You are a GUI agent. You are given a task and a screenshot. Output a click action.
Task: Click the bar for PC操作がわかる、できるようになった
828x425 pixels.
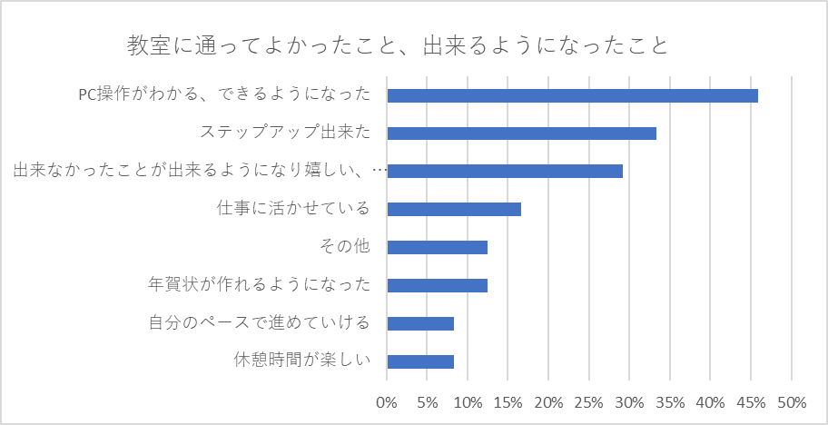[x=572, y=95]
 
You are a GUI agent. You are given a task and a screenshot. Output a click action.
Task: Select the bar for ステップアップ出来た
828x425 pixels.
[x=521, y=133]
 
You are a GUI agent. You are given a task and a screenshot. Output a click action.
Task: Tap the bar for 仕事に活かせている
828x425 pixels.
[x=454, y=209]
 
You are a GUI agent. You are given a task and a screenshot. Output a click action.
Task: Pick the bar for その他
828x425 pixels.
[x=437, y=247]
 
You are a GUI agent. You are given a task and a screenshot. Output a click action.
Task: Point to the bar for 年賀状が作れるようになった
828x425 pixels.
[x=437, y=285]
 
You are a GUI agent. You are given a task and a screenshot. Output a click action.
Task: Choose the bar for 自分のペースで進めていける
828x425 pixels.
[x=420, y=323]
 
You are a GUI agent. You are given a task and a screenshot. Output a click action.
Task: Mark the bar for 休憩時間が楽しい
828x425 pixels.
[x=420, y=361]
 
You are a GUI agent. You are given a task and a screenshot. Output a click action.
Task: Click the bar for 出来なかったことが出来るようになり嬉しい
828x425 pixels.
[x=505, y=171]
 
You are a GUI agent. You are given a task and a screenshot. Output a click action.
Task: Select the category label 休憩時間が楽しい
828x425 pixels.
[x=302, y=361]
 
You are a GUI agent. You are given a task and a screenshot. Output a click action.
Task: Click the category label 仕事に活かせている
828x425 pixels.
[x=293, y=209]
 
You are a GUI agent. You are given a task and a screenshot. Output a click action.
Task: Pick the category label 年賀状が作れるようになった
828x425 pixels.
[x=260, y=285]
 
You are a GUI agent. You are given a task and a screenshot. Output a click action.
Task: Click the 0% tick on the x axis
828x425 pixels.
[x=387, y=402]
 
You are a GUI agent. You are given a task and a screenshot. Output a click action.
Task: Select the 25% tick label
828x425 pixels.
[x=589, y=402]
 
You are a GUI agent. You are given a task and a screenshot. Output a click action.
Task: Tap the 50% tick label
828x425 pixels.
[x=792, y=402]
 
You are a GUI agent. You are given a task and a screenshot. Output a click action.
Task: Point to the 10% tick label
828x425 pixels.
[x=468, y=402]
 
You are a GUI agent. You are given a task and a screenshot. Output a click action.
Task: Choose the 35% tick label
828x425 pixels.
[x=670, y=402]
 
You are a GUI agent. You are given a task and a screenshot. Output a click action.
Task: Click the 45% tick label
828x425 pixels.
[x=751, y=402]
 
